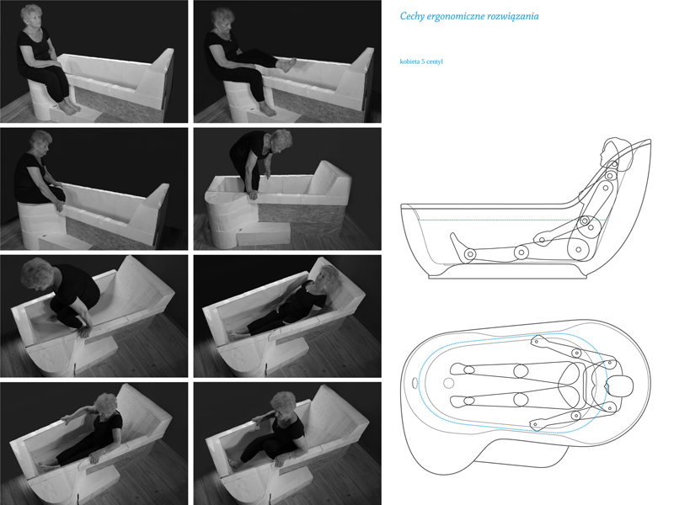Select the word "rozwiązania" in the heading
(513, 16)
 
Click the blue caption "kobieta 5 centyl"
(421, 61)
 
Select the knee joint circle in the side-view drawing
(522, 252)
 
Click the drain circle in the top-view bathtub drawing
(449, 383)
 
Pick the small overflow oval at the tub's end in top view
(415, 382)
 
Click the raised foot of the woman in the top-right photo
(286, 66)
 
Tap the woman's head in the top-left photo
(32, 17)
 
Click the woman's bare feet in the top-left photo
(69, 107)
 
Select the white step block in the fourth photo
(263, 233)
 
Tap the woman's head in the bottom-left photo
(104, 405)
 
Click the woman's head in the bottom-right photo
(283, 404)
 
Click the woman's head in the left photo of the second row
(40, 143)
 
